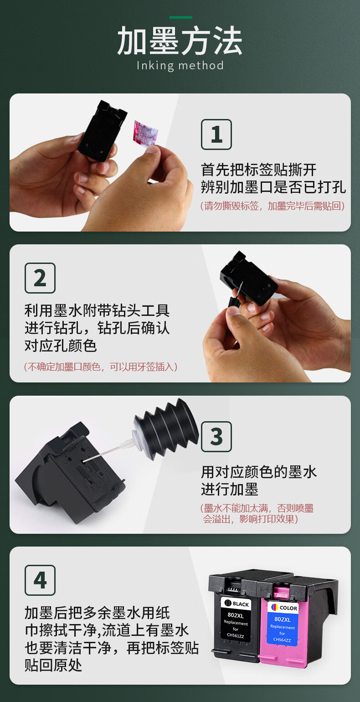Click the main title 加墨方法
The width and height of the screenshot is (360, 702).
[x=180, y=41]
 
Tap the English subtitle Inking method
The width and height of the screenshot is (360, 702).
[x=180, y=66]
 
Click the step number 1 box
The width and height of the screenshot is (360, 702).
[x=216, y=134]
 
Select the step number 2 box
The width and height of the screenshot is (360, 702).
[x=40, y=278]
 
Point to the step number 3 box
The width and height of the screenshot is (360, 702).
[x=216, y=437]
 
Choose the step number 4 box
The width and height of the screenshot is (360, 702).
[x=40, y=580]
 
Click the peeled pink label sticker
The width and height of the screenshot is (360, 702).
[x=145, y=133]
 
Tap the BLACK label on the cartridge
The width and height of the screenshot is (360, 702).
[x=237, y=604]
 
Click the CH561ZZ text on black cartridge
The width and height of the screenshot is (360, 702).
[x=235, y=635]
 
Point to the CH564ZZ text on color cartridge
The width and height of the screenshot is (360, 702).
[x=282, y=640]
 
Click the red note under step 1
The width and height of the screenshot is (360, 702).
[x=273, y=206]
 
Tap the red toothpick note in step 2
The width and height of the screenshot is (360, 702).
[x=101, y=366]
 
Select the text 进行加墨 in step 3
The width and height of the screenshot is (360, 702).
[x=229, y=489]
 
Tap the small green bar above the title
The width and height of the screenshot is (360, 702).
[x=181, y=17]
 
